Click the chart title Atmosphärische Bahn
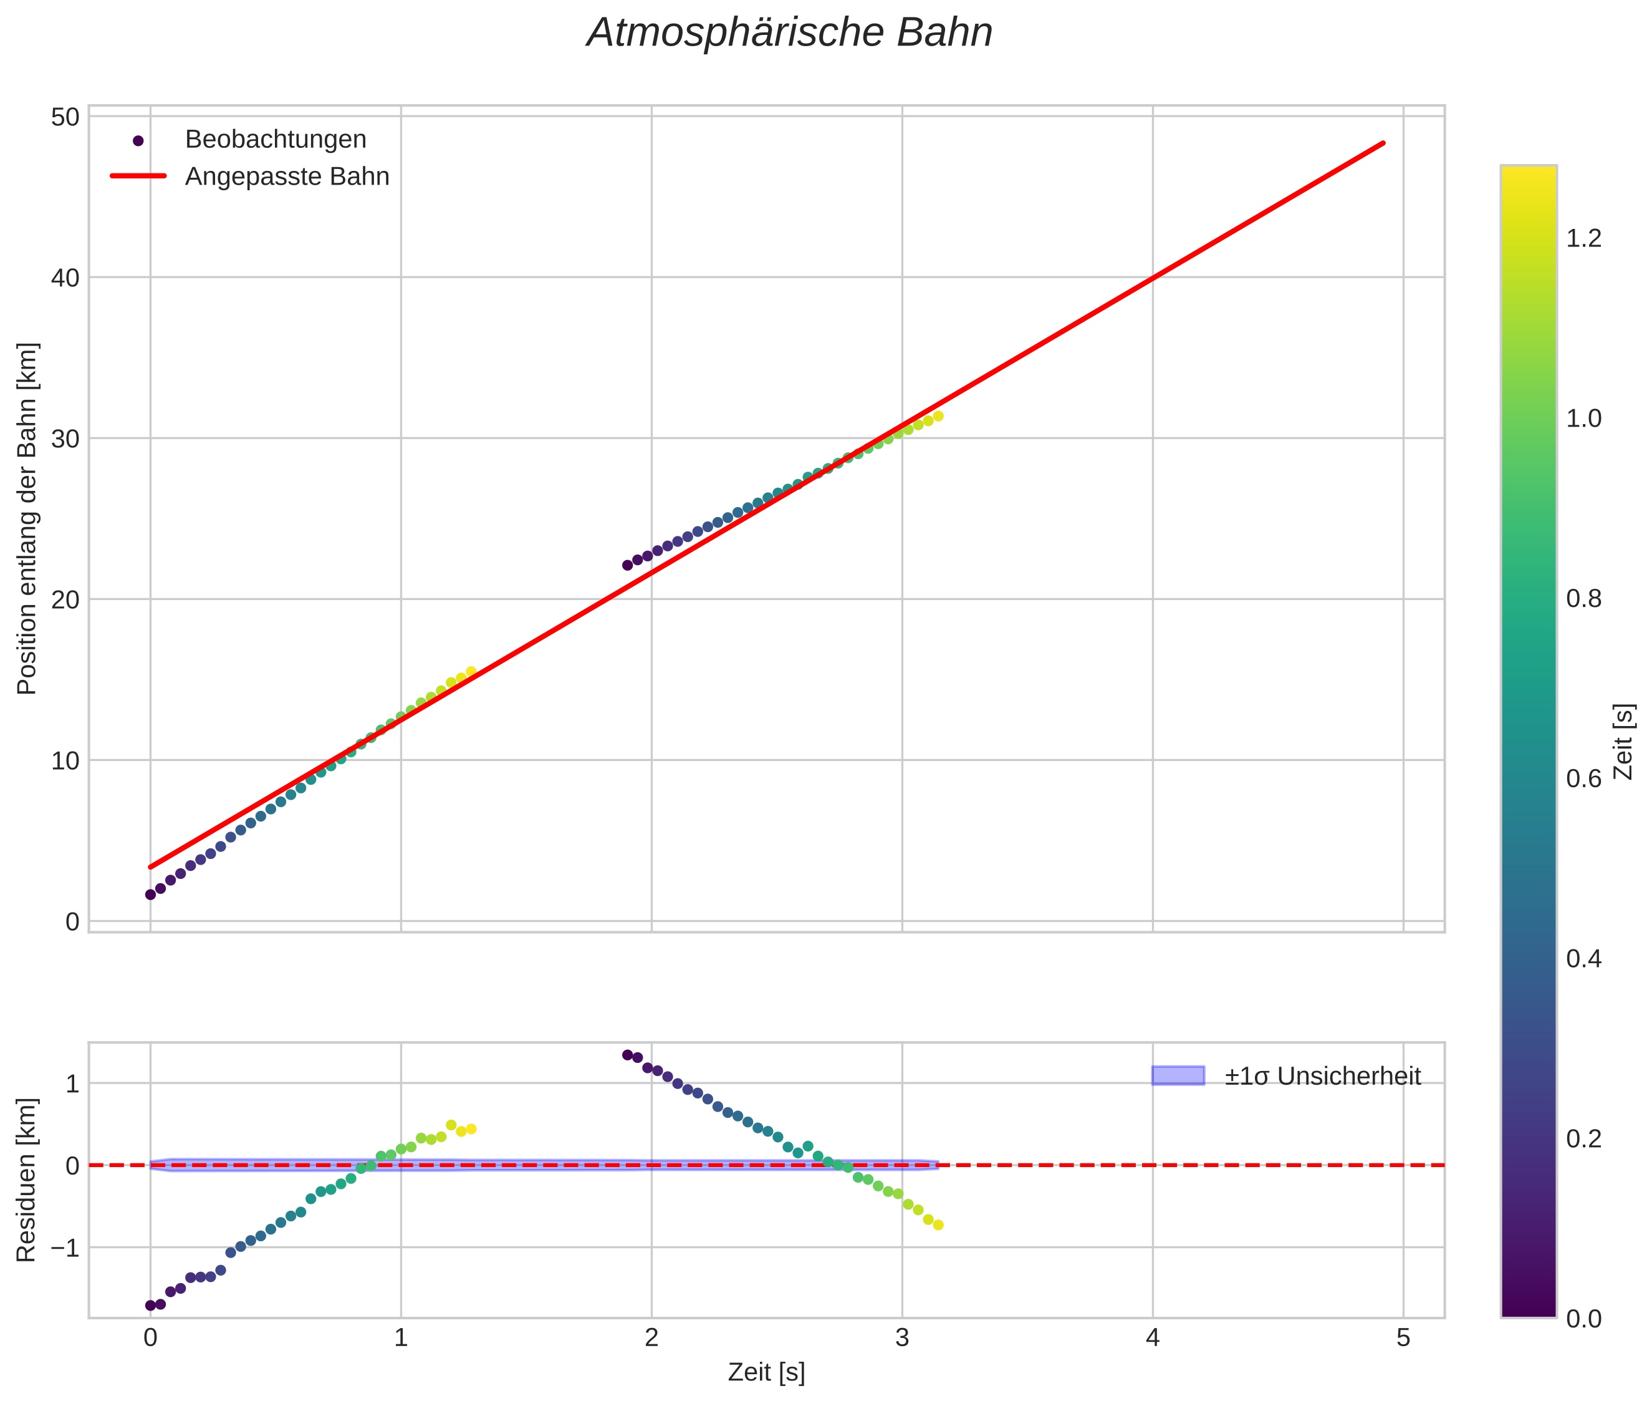click(789, 33)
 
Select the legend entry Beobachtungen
click(275, 140)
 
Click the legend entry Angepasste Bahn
click(287, 177)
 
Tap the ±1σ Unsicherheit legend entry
click(1322, 1076)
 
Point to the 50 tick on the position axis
click(66, 117)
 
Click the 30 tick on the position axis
click(66, 439)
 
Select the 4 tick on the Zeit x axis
click(1152, 1338)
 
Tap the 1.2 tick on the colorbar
click(1583, 238)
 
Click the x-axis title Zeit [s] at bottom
click(766, 1372)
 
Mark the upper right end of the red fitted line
click(1384, 143)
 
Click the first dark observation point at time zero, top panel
click(150, 894)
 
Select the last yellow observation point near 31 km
click(938, 416)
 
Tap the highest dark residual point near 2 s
click(627, 1055)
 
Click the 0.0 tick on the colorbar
click(1583, 1319)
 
